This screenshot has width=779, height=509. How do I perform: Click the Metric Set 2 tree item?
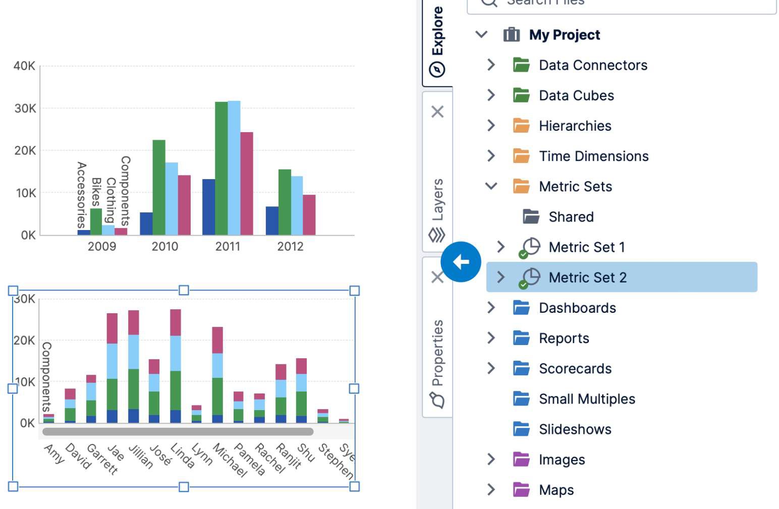point(587,277)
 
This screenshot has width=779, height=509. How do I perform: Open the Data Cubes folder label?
point(576,95)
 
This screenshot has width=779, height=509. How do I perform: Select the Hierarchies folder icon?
point(521,126)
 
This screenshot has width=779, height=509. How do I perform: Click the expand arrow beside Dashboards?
point(491,308)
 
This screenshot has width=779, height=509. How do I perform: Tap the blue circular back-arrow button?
point(461,262)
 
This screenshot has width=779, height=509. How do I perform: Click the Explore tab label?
point(437,31)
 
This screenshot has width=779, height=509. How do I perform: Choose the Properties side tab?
point(437,353)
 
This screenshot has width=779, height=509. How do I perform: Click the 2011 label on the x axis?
point(228,247)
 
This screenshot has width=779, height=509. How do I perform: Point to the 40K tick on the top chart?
point(24,66)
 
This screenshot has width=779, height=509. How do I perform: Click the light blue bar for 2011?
point(234,168)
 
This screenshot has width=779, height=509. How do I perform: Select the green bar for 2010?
point(159,187)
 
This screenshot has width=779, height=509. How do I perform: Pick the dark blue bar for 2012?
point(272,220)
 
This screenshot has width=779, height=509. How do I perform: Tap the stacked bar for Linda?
point(176,366)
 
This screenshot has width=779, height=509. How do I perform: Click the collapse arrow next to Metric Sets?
point(491,186)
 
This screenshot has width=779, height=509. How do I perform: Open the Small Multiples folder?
point(587,399)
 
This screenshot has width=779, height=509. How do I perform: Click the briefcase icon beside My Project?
point(511,35)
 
